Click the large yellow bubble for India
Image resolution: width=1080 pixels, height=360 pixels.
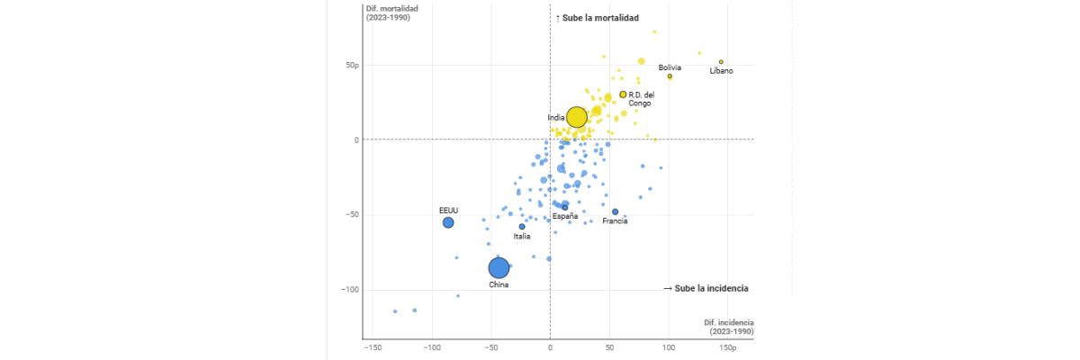tap(577, 117)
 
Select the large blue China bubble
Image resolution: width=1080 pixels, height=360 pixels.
tap(499, 267)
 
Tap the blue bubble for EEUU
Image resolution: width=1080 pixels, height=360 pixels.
tap(448, 222)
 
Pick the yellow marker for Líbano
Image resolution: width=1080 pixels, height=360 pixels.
tap(721, 62)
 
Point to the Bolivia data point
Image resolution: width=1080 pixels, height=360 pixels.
tap(670, 76)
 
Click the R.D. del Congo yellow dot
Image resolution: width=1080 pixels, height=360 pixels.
tap(623, 94)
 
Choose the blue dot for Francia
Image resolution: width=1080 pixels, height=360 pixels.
tap(616, 212)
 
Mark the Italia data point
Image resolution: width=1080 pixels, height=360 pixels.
tap(522, 227)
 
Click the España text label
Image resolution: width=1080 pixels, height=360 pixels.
tap(565, 216)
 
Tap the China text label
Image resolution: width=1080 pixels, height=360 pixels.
tap(499, 285)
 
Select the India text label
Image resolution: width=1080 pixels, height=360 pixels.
tap(556, 118)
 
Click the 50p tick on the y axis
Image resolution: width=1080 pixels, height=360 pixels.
tap(350, 66)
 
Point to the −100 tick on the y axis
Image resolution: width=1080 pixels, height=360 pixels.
tap(347, 290)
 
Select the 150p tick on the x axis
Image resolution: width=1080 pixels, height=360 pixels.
tap(727, 346)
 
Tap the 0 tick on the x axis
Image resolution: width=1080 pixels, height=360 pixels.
tap(550, 346)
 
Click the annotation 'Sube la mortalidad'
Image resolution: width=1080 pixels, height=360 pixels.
tap(597, 18)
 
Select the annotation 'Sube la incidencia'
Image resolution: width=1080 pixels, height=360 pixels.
tap(706, 289)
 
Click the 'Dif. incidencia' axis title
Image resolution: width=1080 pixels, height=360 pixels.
tap(729, 326)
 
